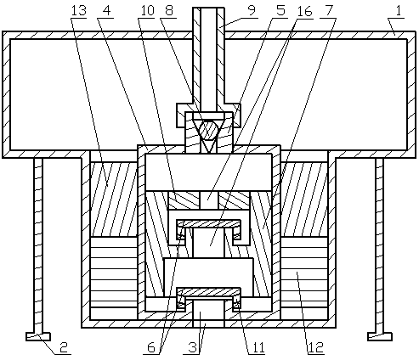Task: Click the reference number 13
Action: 78,11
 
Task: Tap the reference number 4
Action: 106,11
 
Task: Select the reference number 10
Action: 147,11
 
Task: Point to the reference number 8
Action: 168,11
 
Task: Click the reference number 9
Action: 252,10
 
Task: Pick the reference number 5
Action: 280,11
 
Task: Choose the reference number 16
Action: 304,11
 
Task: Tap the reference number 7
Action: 329,11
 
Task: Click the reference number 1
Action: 399,11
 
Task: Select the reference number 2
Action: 65,347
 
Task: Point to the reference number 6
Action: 151,347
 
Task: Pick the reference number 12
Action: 316,347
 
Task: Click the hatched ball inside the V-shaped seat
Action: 209,130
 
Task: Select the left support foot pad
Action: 38,336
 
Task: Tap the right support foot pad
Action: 380,336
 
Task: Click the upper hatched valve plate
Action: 209,224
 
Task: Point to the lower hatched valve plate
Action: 209,292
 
